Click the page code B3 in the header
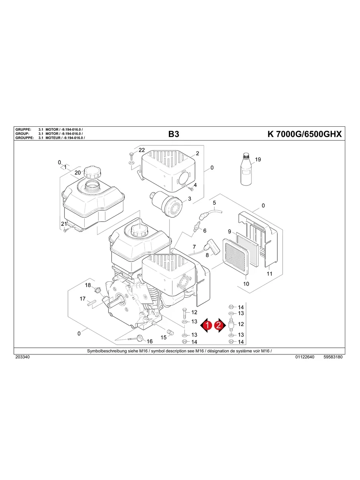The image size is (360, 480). click(174, 134)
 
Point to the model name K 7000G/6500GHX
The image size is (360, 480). click(305, 134)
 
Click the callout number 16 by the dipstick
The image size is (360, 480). click(149, 341)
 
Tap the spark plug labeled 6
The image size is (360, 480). click(195, 228)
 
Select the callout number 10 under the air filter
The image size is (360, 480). click(246, 284)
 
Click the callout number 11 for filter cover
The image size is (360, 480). click(269, 274)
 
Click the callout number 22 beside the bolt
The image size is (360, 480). click(141, 150)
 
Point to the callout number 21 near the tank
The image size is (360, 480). click(64, 224)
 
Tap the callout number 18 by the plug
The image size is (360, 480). click(88, 285)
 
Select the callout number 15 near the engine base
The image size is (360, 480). click(163, 337)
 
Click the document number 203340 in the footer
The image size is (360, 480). click(22, 357)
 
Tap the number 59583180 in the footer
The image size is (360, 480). click(333, 357)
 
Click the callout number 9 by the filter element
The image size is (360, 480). click(229, 231)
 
